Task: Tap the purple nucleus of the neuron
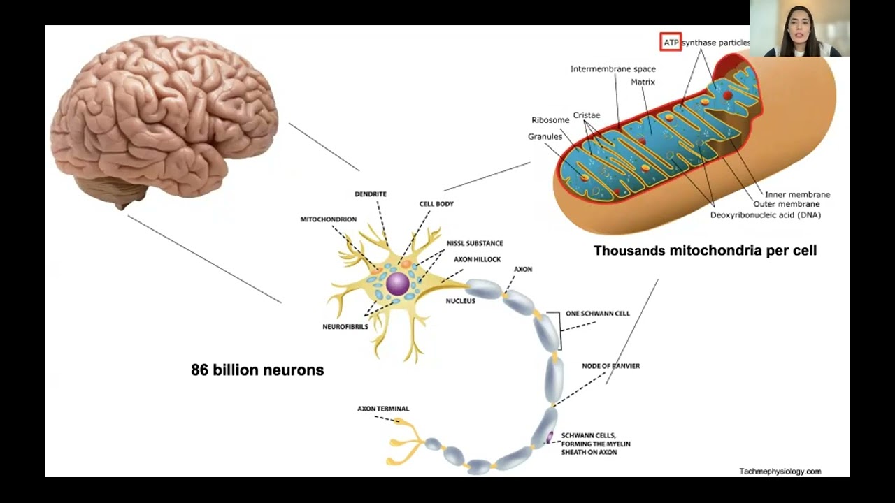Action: tap(398, 284)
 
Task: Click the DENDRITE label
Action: tap(371, 194)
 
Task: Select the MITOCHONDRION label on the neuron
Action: tap(329, 219)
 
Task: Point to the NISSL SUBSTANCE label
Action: tap(475, 243)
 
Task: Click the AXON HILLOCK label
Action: tap(477, 259)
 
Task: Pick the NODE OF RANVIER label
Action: tap(610, 366)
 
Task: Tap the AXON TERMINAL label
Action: tap(383, 409)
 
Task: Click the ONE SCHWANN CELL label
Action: tap(597, 314)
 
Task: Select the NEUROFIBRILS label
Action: tap(345, 327)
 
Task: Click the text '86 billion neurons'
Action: tap(257, 370)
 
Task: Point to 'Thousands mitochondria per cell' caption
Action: tap(706, 251)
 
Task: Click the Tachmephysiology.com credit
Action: tap(780, 472)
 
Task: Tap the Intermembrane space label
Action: tap(613, 69)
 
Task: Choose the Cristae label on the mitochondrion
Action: tap(587, 115)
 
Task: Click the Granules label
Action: tap(545, 136)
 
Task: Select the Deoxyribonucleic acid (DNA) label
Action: tap(766, 215)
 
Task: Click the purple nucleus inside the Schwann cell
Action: tap(550, 437)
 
